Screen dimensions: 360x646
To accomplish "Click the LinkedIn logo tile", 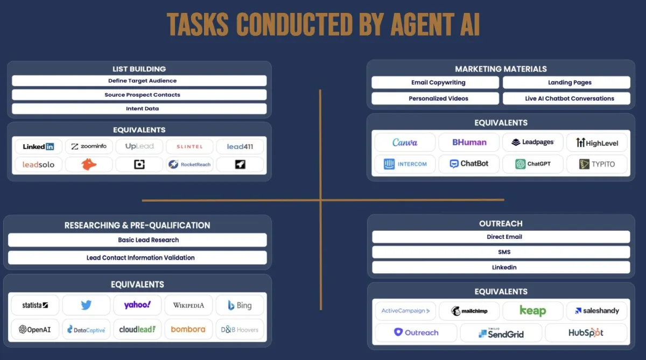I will [38, 146].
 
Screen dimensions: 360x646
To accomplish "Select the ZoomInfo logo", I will [89, 146].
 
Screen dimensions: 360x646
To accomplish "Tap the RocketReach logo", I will [189, 164].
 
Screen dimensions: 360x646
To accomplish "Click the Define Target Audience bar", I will [139, 81].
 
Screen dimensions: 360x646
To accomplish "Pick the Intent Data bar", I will [139, 109].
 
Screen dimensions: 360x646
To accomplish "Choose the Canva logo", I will [405, 143].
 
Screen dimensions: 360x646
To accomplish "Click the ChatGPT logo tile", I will [532, 164].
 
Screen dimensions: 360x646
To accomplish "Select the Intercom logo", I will [405, 164].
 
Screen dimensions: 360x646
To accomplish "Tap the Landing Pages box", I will [566, 82].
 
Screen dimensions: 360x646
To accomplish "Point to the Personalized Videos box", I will [435, 98].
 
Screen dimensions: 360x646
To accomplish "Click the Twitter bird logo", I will [86, 305].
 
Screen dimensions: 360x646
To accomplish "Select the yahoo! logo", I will [137, 305].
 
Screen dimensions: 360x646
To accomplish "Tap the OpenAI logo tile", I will [35, 329].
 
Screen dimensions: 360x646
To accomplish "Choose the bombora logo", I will [188, 329].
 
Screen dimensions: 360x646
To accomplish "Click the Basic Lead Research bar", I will [137, 240].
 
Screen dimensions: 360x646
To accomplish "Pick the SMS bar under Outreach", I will [501, 252].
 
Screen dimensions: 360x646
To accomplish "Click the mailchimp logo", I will [469, 311].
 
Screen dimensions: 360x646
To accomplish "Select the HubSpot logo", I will [586, 333].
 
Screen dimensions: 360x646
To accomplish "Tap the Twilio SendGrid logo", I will [501, 333].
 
